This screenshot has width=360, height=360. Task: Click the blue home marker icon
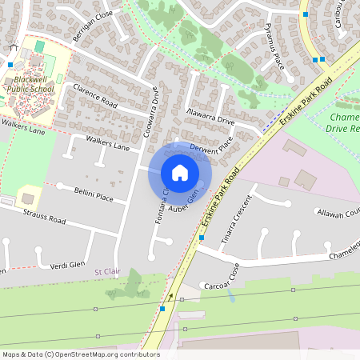coord(180,173)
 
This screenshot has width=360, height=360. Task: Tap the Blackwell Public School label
coord(33,85)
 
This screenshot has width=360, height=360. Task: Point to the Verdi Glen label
coord(67,265)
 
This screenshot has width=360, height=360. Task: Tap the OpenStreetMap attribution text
coord(81,354)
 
